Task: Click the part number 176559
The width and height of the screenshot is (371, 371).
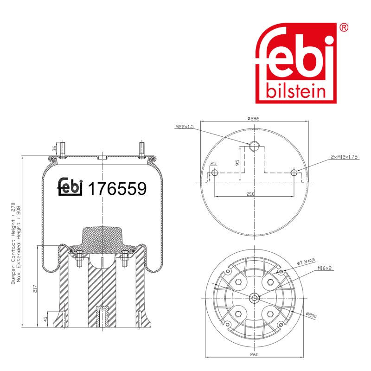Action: [117, 189]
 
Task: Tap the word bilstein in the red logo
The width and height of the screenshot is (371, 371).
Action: [296, 91]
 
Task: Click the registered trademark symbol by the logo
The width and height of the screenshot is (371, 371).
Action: [344, 27]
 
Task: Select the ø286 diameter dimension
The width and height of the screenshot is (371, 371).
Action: [253, 119]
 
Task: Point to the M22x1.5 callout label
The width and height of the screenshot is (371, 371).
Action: [184, 127]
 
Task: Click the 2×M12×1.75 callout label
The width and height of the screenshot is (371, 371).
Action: [344, 157]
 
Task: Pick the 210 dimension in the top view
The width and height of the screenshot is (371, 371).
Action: [250, 194]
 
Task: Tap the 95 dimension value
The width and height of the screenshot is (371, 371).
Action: [237, 163]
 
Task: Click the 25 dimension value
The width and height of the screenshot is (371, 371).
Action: [213, 164]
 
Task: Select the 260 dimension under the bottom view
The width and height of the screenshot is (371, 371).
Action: [254, 354]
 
